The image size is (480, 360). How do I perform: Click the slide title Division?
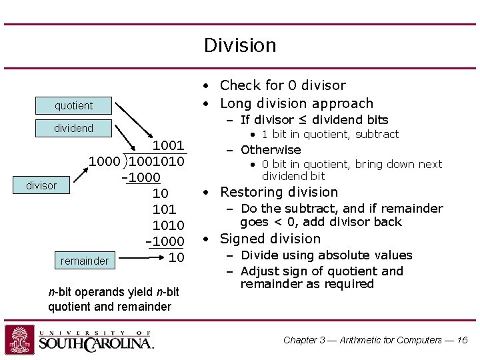240,45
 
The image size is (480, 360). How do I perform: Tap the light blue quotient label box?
74,105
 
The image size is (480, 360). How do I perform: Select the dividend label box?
74,128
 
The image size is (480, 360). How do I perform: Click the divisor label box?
41,185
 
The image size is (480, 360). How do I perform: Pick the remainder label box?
85,261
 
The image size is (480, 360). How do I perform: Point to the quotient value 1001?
169,145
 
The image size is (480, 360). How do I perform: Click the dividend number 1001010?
157,161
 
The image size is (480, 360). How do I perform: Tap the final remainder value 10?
176,257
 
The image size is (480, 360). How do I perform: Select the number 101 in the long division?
164,209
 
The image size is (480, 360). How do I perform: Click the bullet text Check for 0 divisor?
283,85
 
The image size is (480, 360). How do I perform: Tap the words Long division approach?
296,103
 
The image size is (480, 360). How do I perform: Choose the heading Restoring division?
279,192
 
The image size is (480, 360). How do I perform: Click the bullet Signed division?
270,239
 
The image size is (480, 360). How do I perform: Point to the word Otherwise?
271,150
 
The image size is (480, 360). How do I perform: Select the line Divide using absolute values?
326,255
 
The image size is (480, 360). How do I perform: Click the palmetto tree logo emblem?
19,339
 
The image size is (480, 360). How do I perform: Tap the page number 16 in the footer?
462,340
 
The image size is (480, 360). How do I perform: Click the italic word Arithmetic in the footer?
363,340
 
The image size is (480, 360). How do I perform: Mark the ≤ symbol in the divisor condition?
304,120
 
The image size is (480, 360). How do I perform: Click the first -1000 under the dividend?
141,177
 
